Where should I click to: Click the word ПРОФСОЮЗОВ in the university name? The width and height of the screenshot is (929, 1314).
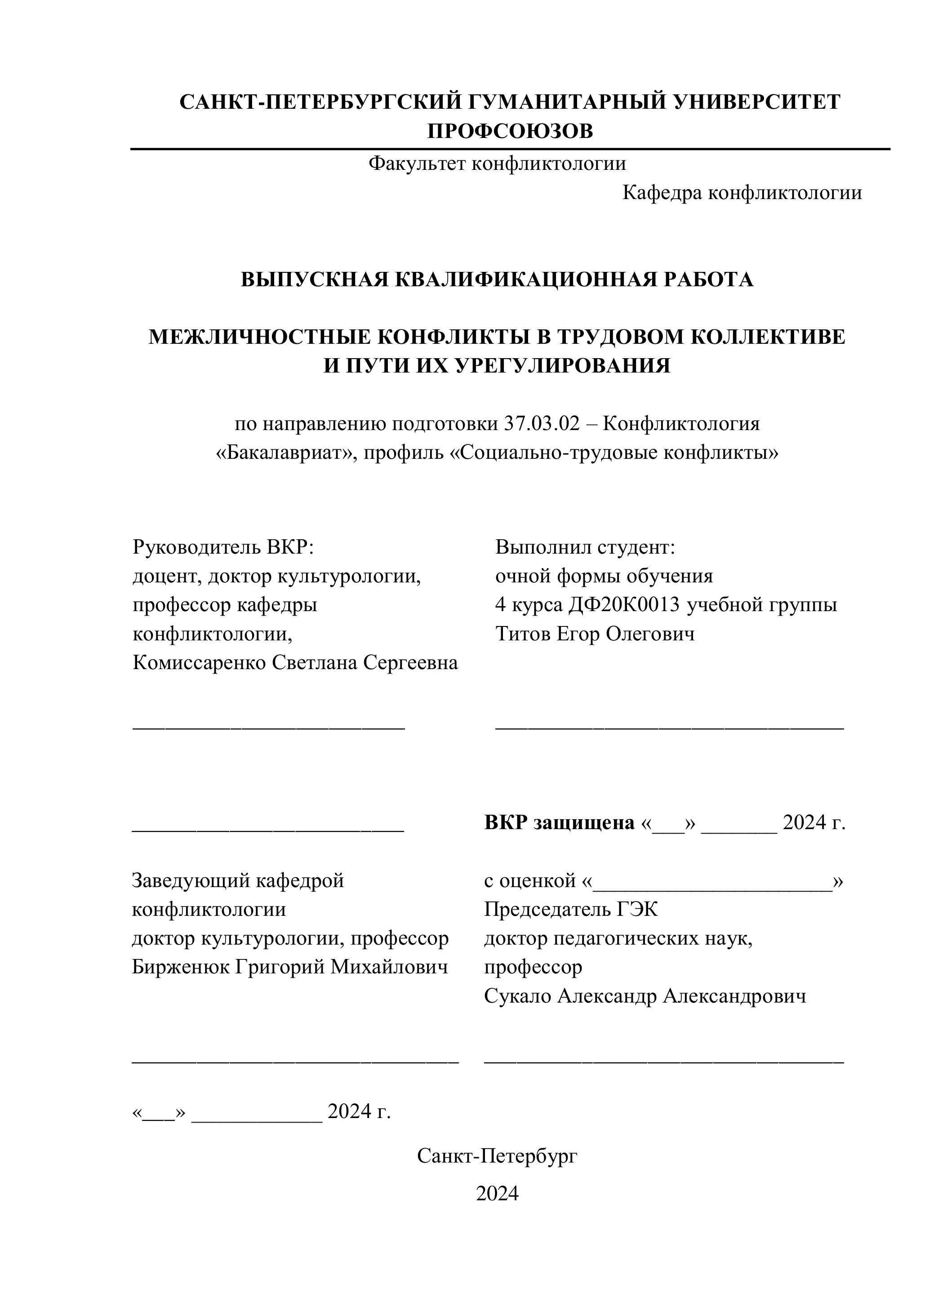tap(510, 131)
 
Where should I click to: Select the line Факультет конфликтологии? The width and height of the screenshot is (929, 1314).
tap(497, 164)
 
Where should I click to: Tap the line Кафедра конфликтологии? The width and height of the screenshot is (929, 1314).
tap(742, 193)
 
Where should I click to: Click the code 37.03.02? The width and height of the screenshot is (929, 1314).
tap(542, 424)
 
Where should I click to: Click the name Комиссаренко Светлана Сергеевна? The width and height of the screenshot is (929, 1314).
tap(295, 663)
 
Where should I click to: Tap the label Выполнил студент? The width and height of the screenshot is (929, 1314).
tap(585, 547)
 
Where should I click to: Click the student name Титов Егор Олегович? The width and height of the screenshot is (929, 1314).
tap(595, 634)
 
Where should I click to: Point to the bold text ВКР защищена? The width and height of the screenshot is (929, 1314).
tap(559, 823)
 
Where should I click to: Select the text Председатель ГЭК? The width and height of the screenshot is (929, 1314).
tap(571, 910)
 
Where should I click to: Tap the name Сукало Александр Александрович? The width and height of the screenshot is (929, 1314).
tap(645, 996)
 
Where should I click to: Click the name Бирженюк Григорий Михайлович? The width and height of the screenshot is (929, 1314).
tap(289, 967)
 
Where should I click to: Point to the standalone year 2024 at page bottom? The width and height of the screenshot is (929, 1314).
tap(497, 1193)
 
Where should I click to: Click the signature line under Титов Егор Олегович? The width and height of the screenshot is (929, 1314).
tap(669, 728)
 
